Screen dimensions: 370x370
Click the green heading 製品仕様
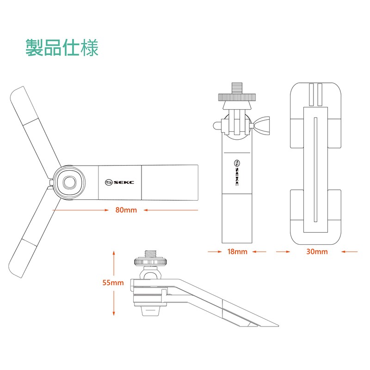(x=62, y=48)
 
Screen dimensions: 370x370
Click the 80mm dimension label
(x=126, y=210)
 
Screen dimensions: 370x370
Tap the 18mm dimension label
(x=237, y=252)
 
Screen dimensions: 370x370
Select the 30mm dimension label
(x=317, y=252)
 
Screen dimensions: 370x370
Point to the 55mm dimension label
(x=113, y=283)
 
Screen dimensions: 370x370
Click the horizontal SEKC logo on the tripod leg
(x=119, y=182)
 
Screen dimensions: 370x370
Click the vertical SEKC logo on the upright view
(x=237, y=173)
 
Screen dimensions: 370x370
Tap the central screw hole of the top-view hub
(x=69, y=182)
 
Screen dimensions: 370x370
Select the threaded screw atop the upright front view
(x=237, y=88)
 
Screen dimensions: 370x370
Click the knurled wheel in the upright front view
(x=237, y=98)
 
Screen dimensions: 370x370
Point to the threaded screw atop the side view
(x=151, y=254)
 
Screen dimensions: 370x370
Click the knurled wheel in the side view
(x=151, y=262)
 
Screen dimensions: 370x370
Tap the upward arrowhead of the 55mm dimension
(x=114, y=253)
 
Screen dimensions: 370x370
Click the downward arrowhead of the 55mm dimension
(x=114, y=313)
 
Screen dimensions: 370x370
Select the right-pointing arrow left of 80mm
(x=80, y=210)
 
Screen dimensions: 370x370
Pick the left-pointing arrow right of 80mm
(x=171, y=210)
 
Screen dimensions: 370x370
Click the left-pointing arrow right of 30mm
(x=349, y=252)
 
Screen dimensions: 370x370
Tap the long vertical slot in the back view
(x=315, y=170)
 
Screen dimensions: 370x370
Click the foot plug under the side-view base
(x=151, y=311)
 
